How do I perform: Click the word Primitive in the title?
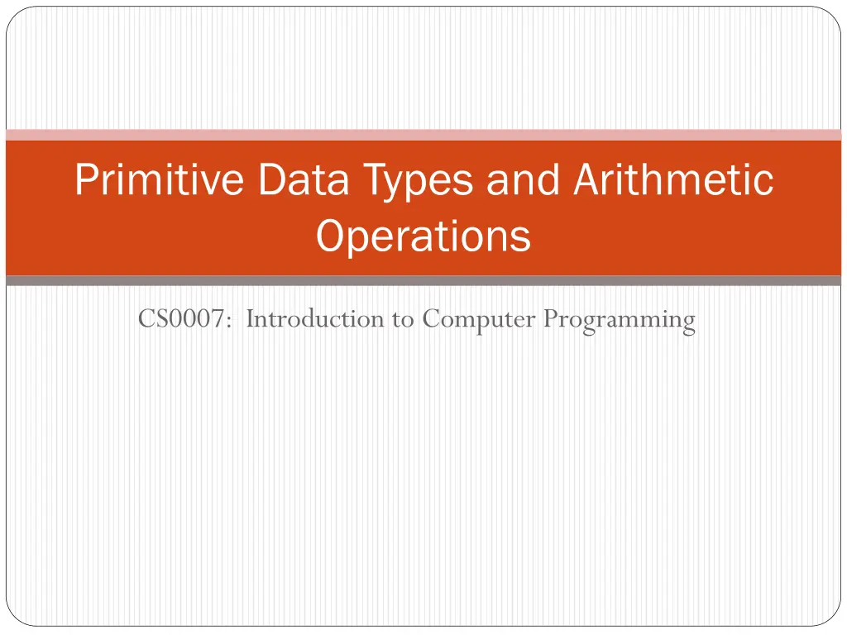click(x=160, y=179)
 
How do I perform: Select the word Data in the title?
click(x=304, y=179)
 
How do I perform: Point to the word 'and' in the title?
click(x=523, y=179)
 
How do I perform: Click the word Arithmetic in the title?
click(x=673, y=179)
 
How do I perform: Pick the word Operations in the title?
click(x=423, y=236)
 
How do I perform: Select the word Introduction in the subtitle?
click(x=315, y=318)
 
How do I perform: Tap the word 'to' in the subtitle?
click(x=403, y=320)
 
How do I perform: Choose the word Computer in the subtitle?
click(x=479, y=321)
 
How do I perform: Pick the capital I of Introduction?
click(x=251, y=318)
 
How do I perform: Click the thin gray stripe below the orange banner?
click(x=423, y=280)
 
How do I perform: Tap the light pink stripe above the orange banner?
click(x=423, y=135)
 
